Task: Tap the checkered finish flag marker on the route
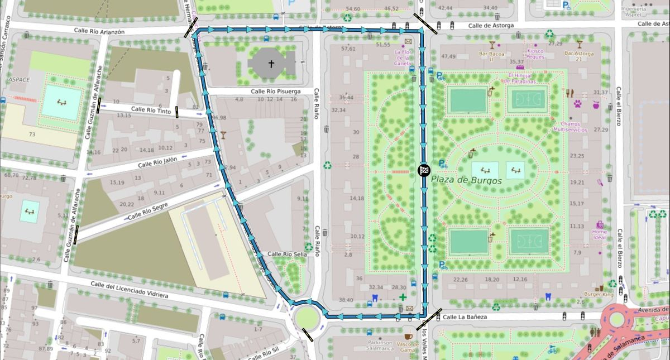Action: [x=424, y=170]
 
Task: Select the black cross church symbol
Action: [x=271, y=64]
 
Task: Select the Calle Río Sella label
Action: [x=288, y=254]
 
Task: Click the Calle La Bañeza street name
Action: [x=465, y=317]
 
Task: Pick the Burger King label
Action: [x=599, y=294]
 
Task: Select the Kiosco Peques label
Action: [x=535, y=54]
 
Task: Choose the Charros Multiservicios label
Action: [x=570, y=126]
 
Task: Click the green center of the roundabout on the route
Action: [x=305, y=318]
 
